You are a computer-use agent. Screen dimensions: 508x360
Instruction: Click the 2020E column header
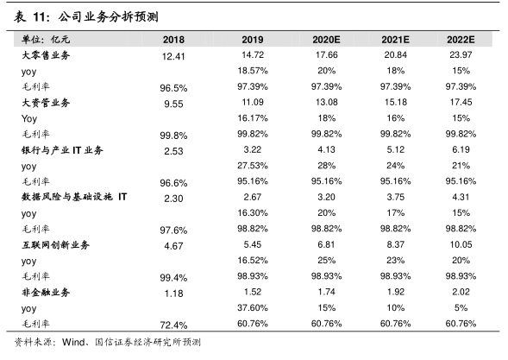tap(326, 40)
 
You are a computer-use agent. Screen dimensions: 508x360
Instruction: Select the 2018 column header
tap(173, 40)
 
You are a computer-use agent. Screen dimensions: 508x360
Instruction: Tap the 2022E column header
tap(461, 40)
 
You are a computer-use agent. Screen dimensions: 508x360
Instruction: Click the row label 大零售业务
tap(46, 55)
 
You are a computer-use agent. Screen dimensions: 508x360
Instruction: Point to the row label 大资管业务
tap(46, 103)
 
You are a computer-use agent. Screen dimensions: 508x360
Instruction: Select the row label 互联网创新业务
tap(55, 245)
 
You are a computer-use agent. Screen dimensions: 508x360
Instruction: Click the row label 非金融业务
tap(46, 292)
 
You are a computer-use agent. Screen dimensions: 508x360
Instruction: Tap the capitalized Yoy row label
tap(29, 118)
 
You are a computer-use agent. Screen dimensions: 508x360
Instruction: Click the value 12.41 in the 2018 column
tap(173, 56)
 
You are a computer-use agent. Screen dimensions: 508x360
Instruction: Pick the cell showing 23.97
tap(461, 54)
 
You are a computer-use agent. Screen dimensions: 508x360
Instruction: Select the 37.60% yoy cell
tap(253, 307)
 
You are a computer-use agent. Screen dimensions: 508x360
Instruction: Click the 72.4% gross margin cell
tap(173, 325)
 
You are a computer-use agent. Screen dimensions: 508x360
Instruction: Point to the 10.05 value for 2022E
tap(461, 244)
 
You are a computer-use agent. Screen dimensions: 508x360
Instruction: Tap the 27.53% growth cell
tap(253, 166)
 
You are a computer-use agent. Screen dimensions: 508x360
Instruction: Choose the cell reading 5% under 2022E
tap(461, 307)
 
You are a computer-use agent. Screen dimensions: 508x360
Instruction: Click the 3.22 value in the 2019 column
tap(253, 149)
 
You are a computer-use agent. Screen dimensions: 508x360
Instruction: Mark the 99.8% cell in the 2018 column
tap(173, 136)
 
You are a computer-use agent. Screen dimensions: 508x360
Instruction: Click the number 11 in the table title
tap(40, 17)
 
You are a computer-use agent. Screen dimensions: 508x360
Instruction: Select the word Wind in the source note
tap(74, 342)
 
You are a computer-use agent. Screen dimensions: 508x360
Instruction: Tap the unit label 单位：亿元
tap(46, 40)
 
